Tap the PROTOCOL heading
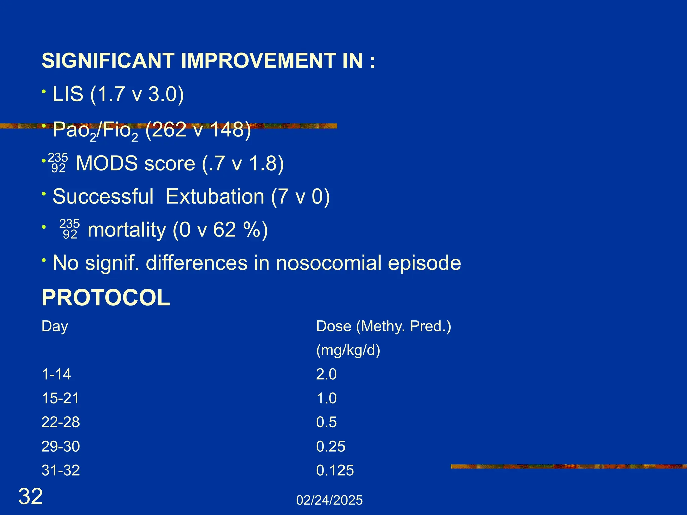(106, 298)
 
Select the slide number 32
(31, 496)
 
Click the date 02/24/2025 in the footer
(329, 500)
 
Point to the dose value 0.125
(335, 470)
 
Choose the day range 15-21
(60, 398)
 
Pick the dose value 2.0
(326, 374)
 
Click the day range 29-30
(60, 447)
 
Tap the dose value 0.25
(330, 447)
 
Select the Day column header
(55, 326)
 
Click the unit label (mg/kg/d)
(348, 350)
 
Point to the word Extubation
(215, 196)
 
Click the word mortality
(127, 230)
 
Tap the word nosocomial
(329, 263)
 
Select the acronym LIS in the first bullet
(68, 94)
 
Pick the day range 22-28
(60, 422)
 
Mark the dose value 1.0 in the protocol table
(326, 398)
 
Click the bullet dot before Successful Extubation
(43, 193)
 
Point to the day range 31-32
(60, 470)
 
